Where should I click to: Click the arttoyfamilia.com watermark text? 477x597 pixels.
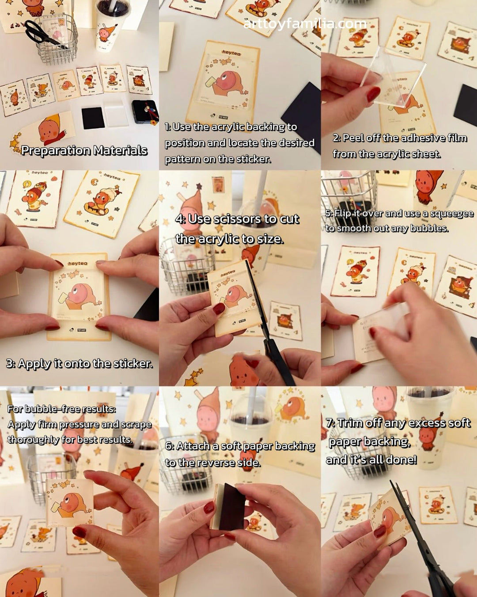[x=305, y=23]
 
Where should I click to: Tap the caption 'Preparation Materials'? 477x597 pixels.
[x=84, y=150]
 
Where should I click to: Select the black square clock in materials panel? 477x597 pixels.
[x=145, y=111]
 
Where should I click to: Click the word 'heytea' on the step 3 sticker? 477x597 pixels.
[x=78, y=264]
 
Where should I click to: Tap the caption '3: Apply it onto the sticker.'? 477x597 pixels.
[x=79, y=364]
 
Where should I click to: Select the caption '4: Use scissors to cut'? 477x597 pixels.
[x=237, y=219]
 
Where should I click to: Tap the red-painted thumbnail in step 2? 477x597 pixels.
[x=373, y=94]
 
